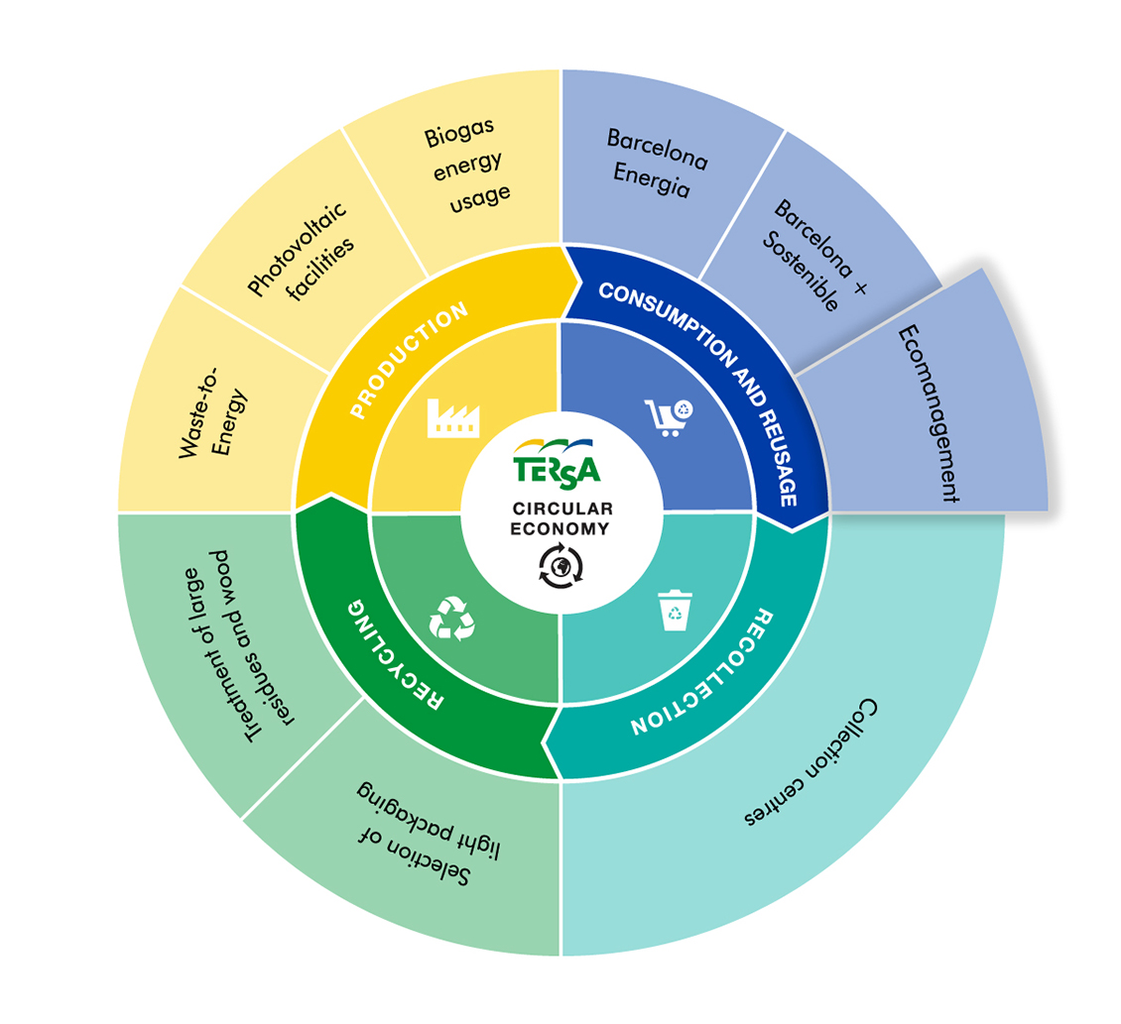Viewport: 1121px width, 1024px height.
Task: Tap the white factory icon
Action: [x=453, y=418]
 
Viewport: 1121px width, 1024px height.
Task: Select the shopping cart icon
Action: [x=669, y=417]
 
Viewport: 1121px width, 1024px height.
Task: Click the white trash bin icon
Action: [x=675, y=610]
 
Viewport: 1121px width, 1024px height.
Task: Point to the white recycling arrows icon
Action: [x=451, y=619]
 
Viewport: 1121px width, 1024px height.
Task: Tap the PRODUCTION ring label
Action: [x=408, y=360]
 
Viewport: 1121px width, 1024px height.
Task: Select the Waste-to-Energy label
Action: [x=212, y=413]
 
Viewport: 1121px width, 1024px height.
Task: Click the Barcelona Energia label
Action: [x=657, y=163]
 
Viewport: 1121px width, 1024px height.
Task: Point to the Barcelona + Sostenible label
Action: [x=813, y=255]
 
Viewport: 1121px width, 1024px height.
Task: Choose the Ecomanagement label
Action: [x=929, y=413]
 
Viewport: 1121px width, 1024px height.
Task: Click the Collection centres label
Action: [x=811, y=761]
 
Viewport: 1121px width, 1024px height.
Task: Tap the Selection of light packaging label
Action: [x=428, y=834]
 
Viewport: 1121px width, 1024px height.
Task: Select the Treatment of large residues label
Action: [x=236, y=646]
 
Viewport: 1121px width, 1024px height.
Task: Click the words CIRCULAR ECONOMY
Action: [x=561, y=518]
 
